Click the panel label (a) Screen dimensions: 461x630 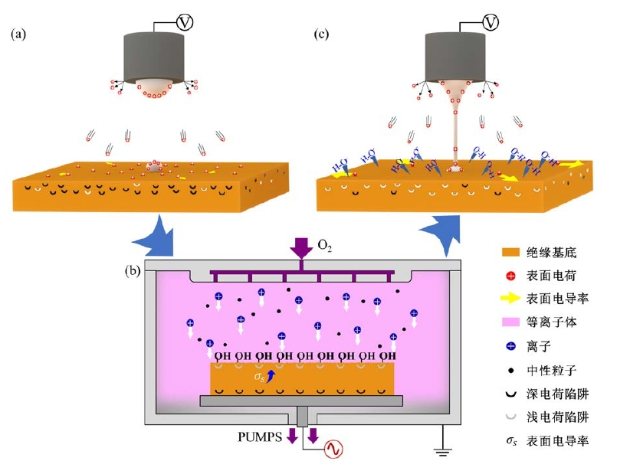pyautogui.click(x=19, y=34)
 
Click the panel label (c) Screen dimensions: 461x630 pyautogui.click(x=326, y=34)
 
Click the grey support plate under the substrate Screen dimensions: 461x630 pyautogui.click(x=300, y=401)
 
